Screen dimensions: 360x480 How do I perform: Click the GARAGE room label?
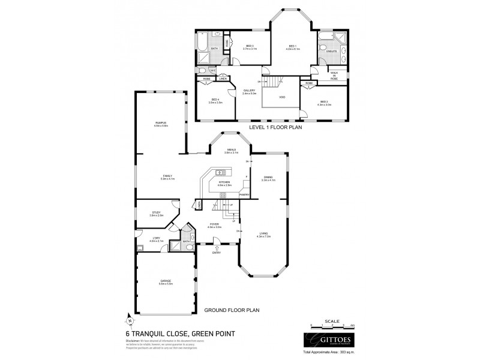166,281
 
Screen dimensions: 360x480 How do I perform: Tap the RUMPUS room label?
160,122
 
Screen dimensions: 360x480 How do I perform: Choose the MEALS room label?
231,149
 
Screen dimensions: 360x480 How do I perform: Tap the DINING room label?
268,178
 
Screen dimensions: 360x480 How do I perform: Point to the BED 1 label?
293,46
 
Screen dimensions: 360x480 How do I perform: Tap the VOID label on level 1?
282,97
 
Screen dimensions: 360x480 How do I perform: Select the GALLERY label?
249,91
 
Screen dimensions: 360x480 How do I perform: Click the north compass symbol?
128,319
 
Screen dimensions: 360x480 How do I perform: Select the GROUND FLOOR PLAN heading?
232,310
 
